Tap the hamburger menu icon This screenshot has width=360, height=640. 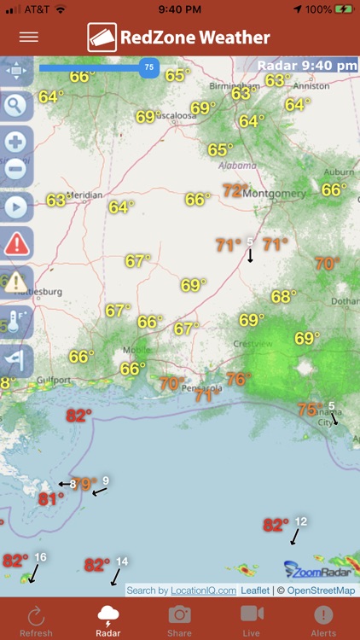click(29, 37)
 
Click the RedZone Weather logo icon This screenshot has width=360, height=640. click(102, 38)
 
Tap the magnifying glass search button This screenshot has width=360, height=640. click(16, 105)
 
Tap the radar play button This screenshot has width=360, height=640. click(16, 207)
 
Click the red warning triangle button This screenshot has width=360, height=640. click(16, 244)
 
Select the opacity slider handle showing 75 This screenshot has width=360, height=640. click(149, 67)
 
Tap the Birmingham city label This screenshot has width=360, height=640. click(232, 85)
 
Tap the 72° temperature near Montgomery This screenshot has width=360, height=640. click(235, 190)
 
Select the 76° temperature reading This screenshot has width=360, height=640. click(238, 378)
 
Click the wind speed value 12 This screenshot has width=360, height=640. click(300, 521)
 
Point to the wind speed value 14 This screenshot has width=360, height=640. click(122, 561)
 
